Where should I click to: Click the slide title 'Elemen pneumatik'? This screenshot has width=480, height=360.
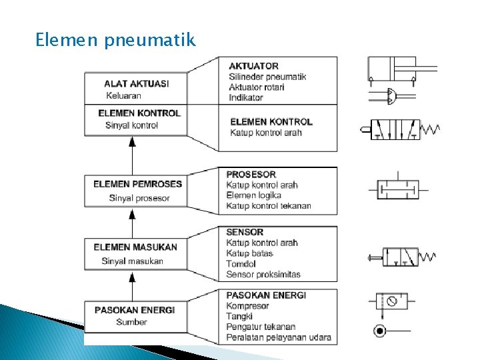click(116, 41)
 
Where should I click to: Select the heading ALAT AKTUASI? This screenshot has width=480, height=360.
click(136, 84)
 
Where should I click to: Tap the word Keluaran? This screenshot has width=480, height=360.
click(123, 95)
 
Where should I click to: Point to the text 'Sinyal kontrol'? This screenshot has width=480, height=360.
click(132, 125)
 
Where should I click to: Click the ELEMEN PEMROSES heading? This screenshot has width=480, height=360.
click(137, 184)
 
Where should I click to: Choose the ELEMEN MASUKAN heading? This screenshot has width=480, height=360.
click(135, 247)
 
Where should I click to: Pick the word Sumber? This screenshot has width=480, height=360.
click(131, 322)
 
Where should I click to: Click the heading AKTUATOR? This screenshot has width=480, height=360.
click(253, 66)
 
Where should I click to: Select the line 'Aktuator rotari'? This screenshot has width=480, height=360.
click(257, 87)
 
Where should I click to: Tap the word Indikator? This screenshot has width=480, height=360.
click(246, 97)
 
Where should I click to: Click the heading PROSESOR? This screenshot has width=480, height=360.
click(251, 175)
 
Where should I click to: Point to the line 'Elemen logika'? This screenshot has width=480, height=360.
click(253, 195)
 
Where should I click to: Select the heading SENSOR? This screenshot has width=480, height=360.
click(245, 233)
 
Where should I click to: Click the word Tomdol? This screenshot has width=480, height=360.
click(241, 264)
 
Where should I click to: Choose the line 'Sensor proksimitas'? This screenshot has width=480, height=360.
click(263, 274)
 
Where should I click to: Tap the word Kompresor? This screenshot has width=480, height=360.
click(247, 306)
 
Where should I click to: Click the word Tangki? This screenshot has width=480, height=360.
click(239, 316)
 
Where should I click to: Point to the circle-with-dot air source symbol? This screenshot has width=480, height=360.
click(379, 331)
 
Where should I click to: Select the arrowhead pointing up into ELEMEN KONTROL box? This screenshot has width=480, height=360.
click(132, 141)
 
